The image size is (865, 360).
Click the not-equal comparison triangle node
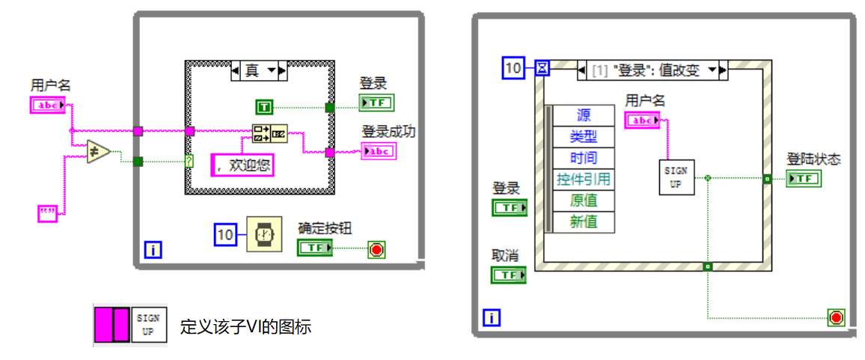tap(98, 152)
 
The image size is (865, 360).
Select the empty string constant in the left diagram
tap(47, 213)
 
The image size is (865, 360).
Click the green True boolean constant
tap(265, 107)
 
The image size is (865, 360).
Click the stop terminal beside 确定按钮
tap(376, 250)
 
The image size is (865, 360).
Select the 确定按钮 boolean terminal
tap(315, 248)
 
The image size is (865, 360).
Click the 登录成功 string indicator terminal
tap(379, 151)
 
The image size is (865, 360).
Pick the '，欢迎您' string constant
tap(242, 165)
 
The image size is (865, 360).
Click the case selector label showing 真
tap(258, 71)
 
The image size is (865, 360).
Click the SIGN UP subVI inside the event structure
tap(676, 177)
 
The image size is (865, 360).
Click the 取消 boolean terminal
tap(509, 275)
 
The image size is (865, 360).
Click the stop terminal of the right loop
tap(837, 318)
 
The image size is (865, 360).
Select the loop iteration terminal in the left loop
tap(152, 251)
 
